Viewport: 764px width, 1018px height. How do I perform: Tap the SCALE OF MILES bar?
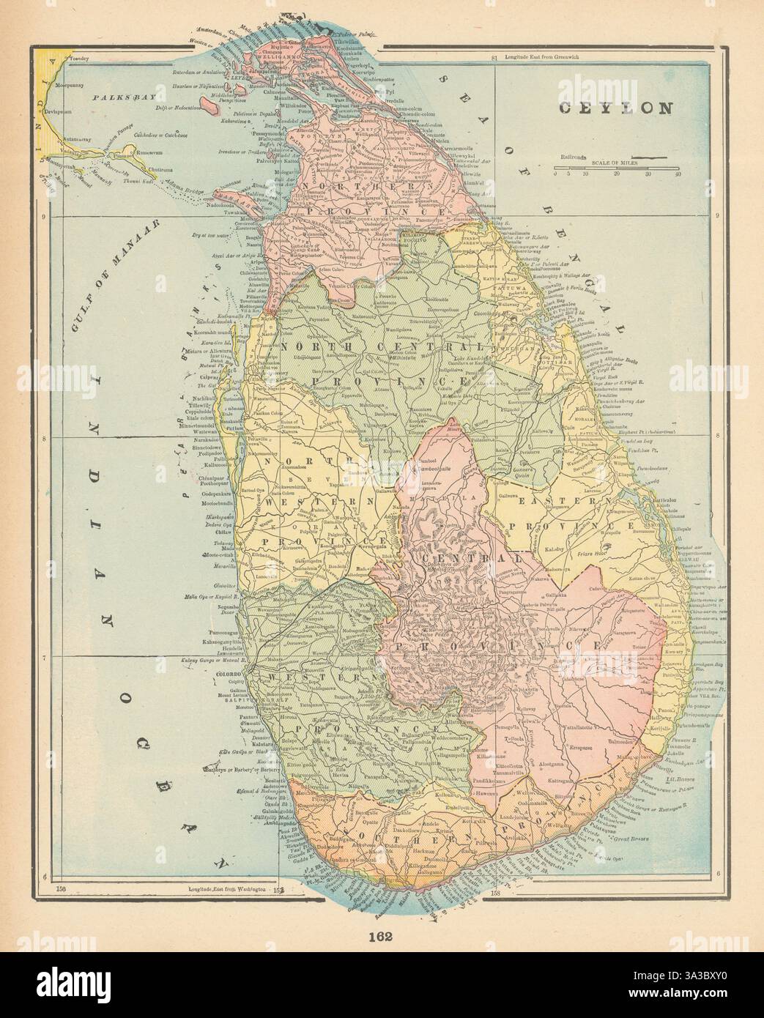pos(616,168)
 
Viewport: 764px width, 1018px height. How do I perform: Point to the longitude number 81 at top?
pos(496,58)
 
